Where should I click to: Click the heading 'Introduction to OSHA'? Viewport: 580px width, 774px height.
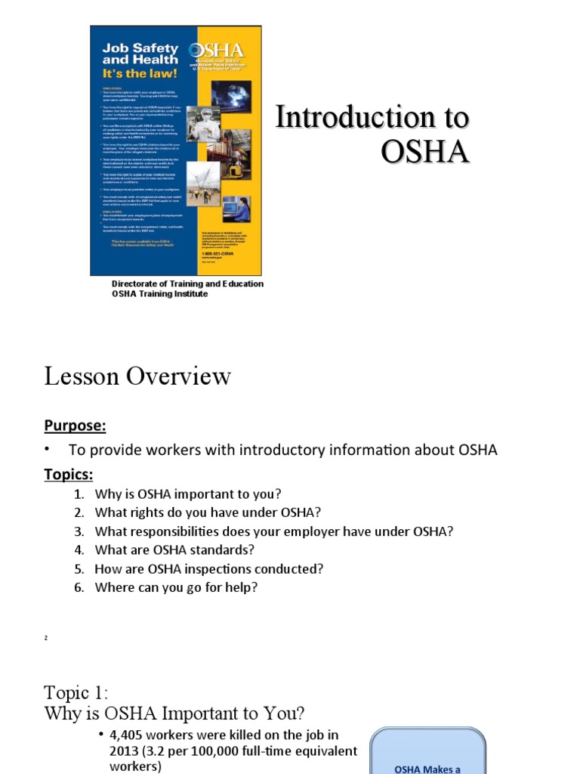(372, 135)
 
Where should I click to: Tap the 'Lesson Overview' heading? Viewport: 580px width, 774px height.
(137, 376)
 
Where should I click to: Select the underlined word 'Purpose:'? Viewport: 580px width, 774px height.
(75, 426)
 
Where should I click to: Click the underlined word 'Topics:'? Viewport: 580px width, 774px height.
(69, 475)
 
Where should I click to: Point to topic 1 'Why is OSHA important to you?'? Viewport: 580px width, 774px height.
(187, 494)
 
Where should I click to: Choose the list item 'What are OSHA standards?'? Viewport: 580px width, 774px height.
(174, 550)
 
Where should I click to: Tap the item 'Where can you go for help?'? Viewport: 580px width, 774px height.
(176, 587)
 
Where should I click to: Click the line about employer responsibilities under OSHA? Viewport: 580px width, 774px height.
(273, 531)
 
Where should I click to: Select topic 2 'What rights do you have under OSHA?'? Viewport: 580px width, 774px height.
(202, 512)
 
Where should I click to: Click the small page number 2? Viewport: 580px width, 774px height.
(46, 639)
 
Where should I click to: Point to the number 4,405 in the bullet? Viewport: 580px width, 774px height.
(127, 734)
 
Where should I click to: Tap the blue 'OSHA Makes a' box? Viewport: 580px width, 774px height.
(427, 756)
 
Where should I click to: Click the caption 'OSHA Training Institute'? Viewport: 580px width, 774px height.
(159, 293)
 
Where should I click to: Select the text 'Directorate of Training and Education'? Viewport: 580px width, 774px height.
(188, 283)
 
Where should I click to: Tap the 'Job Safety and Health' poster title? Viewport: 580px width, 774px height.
(140, 52)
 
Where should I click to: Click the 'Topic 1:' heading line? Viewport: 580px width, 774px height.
(76, 692)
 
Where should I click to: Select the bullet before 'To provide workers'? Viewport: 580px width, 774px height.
(47, 450)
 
